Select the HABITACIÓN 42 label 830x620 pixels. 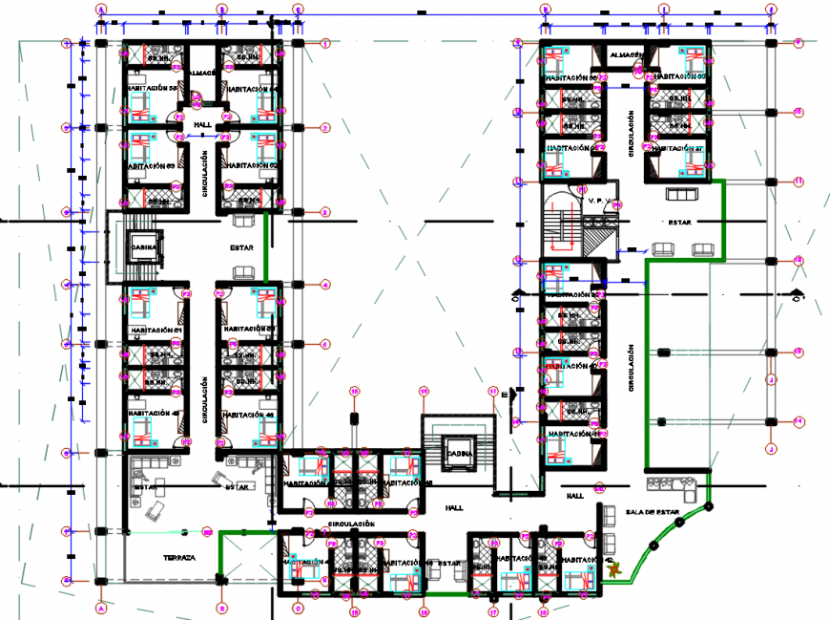[582, 561]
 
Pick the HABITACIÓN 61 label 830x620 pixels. [153, 330]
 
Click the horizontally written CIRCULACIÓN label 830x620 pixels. [350, 524]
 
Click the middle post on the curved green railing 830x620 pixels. [653, 545]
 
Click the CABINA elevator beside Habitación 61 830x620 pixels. [143, 246]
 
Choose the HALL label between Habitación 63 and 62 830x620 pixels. [202, 125]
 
